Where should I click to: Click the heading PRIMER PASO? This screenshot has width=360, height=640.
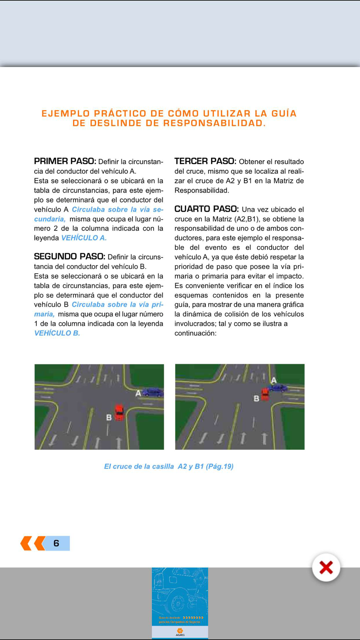tap(65, 161)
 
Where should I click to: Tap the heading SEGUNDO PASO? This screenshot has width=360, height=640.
tap(69, 257)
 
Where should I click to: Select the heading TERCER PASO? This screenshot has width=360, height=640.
tap(205, 161)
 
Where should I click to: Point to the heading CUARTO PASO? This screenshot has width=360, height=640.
tap(206, 209)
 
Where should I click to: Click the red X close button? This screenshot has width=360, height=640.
tap(326, 568)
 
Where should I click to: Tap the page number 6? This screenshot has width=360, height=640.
tap(56, 543)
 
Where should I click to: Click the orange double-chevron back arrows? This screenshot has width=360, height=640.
tap(33, 543)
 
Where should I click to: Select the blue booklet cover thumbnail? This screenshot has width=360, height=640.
tap(180, 603)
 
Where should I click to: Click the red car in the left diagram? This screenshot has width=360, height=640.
tap(119, 412)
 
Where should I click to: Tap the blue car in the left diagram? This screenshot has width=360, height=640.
tap(153, 392)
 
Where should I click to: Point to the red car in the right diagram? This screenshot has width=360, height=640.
tap(265, 394)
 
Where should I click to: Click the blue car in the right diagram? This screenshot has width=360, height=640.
tap(278, 388)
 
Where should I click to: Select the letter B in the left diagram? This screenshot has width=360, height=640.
tap(109, 418)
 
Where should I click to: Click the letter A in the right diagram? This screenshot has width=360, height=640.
tap(274, 380)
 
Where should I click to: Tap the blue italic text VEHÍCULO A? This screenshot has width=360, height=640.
tap(84, 238)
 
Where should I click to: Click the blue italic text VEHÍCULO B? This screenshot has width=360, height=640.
tap(57, 333)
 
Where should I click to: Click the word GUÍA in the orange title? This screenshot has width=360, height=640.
tap(284, 114)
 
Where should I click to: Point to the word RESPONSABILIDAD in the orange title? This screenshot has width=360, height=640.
tap(215, 123)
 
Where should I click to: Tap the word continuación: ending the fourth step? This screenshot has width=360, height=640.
tap(195, 333)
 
